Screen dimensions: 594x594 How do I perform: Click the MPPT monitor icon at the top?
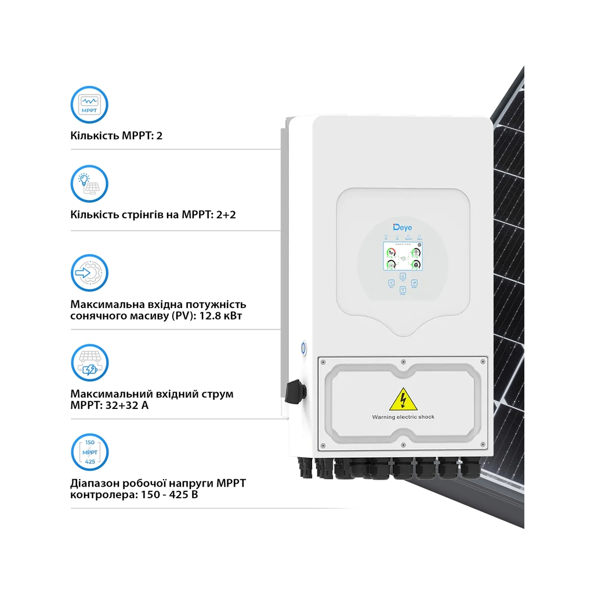(x=89, y=104)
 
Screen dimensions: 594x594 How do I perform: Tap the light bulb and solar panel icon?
(x=89, y=183)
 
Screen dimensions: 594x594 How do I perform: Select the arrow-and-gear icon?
(x=89, y=272)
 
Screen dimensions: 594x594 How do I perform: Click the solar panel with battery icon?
(x=89, y=363)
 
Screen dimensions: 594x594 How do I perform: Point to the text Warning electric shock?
(x=403, y=417)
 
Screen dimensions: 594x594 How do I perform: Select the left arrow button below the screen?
(x=391, y=283)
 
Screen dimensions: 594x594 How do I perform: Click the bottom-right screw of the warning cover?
(x=483, y=445)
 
